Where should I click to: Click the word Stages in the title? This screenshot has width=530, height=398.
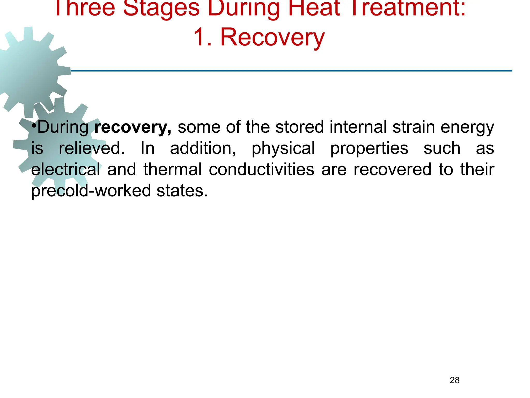161,8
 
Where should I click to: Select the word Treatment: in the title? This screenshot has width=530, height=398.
410,8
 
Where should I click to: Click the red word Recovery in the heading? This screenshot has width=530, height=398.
272,38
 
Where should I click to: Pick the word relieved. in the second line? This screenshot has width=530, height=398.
92,148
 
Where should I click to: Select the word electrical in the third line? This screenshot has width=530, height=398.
65,169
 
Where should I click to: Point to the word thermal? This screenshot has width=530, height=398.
173,169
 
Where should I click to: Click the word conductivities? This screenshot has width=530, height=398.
261,169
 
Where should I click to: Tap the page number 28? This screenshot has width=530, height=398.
454,380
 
